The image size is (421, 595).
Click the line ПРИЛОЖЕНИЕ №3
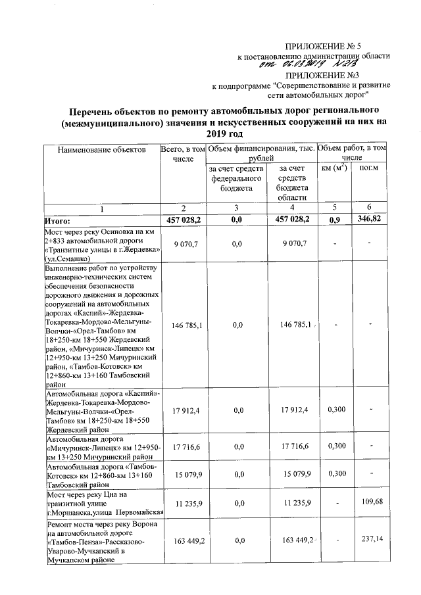pyautogui.click(x=335, y=76)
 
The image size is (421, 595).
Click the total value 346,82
pyautogui.click(x=371, y=219)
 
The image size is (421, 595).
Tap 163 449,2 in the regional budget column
pyautogui.click(x=290, y=540)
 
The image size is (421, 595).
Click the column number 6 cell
pyautogui.click(x=371, y=208)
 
